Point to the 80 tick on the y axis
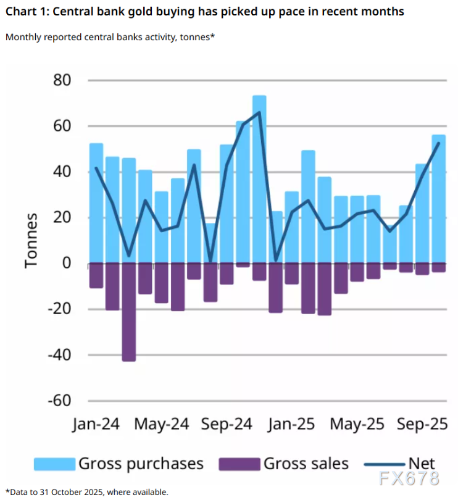(x=59, y=80)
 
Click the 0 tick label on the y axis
(x=67, y=264)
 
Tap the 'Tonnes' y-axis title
(x=31, y=241)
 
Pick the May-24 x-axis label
(x=161, y=425)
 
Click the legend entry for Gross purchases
(x=141, y=464)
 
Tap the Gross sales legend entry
(x=306, y=464)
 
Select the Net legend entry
(x=422, y=464)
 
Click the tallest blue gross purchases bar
(x=259, y=179)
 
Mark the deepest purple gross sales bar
(x=128, y=312)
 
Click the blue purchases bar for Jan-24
(x=96, y=204)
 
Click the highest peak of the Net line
(x=259, y=112)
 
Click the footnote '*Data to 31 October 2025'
(x=86, y=492)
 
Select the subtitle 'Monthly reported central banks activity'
(x=110, y=37)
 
